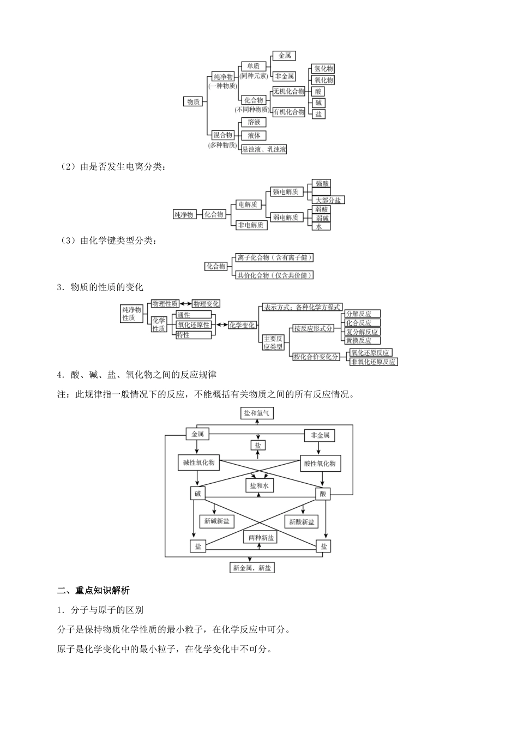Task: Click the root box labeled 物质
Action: coord(193,101)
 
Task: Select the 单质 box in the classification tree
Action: coord(253,66)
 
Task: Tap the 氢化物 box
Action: coord(322,69)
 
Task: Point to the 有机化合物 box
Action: coord(289,112)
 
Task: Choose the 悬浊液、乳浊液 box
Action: coord(264,149)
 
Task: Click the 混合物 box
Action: coord(222,135)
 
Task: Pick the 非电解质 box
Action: coord(251,225)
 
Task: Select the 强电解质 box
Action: coord(286,191)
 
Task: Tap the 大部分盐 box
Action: coord(328,200)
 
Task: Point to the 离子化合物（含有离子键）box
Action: coord(275,257)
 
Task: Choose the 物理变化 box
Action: coord(206,304)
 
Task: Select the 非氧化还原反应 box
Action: coord(374,361)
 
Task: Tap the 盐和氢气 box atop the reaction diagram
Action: coord(256,413)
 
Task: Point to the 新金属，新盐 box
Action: coord(252,568)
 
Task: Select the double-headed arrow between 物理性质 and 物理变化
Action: coord(185,304)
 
